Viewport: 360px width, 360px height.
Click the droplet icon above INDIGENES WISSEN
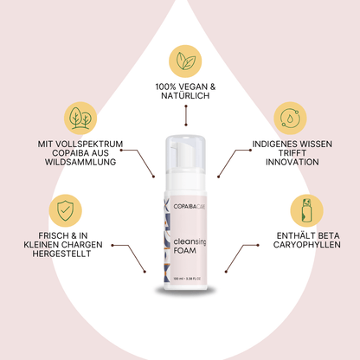tap(291, 118)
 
